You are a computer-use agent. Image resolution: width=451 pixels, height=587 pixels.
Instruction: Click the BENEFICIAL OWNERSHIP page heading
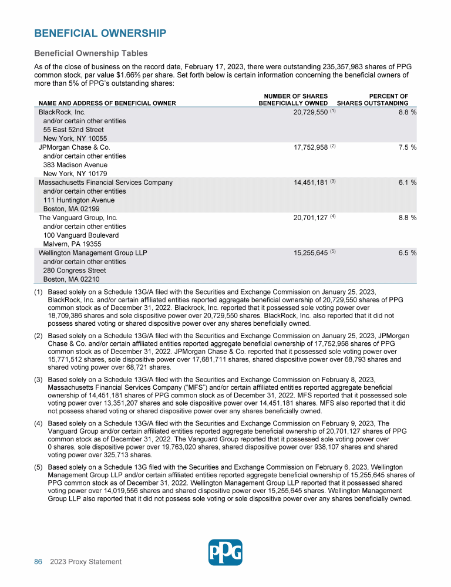point(100,33)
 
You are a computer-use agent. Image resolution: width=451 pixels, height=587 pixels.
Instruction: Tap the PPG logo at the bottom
point(225,552)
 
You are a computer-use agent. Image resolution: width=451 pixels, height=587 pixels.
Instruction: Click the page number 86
point(38,562)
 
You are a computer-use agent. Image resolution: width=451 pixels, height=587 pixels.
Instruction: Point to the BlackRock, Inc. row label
point(62,112)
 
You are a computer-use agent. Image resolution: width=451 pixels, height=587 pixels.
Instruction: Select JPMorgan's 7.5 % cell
point(405,147)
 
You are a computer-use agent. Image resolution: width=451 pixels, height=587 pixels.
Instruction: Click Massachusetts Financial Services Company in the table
point(106,183)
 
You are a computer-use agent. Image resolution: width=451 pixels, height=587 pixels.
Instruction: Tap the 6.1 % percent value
point(405,183)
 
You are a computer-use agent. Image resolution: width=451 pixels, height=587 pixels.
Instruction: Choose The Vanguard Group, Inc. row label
point(78,218)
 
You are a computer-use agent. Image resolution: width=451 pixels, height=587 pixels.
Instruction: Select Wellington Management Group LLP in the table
point(93,253)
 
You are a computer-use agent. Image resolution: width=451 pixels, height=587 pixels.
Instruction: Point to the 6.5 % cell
point(405,253)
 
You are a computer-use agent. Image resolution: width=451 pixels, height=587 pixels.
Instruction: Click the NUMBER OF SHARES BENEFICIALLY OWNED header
point(293,100)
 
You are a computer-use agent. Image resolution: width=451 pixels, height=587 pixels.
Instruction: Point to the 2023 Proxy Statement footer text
point(86,562)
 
